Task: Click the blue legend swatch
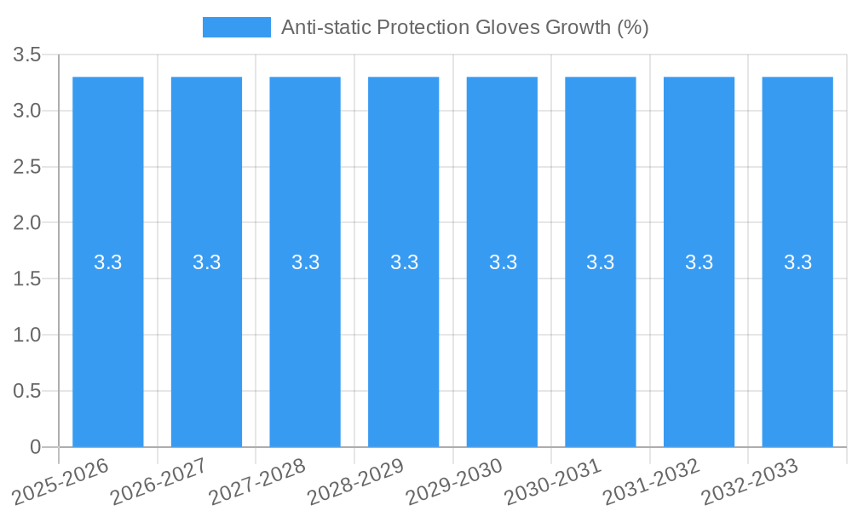[236, 27]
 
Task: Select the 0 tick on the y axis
[35, 447]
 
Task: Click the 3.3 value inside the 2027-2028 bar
[305, 262]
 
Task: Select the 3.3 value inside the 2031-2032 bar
[699, 262]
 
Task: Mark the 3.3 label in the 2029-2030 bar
[503, 262]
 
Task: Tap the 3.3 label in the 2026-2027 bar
[207, 262]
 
